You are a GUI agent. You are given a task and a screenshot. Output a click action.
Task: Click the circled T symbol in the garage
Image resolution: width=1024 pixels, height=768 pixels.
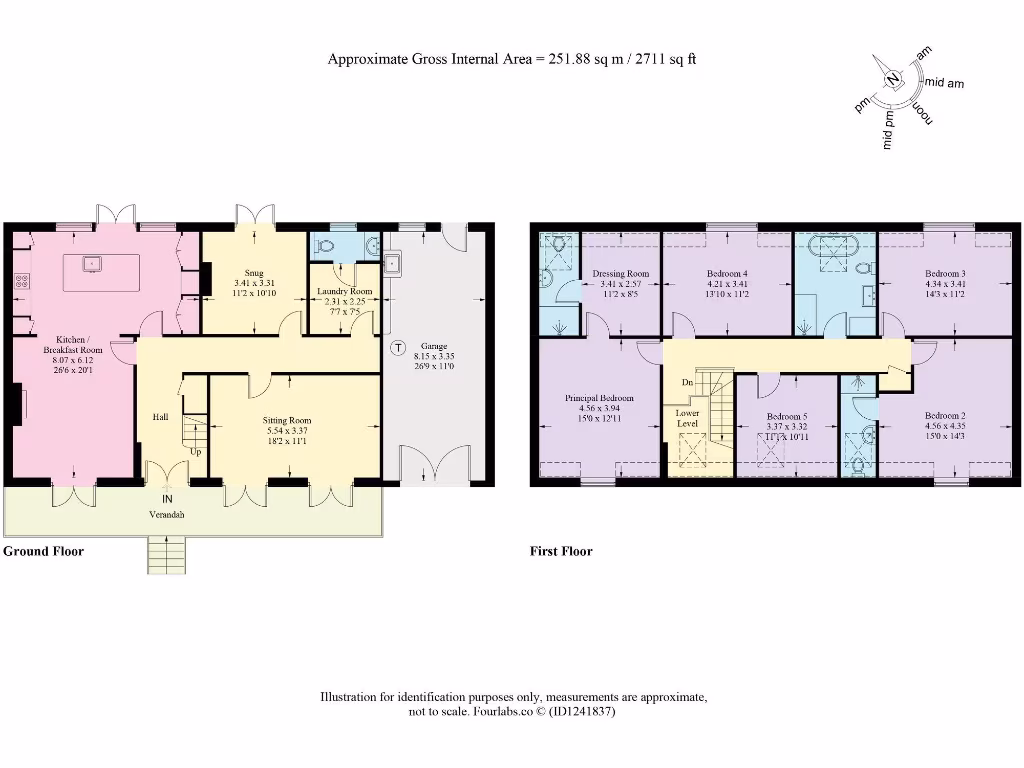click(398, 348)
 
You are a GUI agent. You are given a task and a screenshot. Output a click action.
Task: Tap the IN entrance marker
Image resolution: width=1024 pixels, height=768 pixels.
click(167, 497)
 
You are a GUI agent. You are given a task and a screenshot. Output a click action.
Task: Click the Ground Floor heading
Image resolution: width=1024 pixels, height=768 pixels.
click(43, 551)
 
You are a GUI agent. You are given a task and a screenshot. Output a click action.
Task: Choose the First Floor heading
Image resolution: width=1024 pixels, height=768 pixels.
click(561, 551)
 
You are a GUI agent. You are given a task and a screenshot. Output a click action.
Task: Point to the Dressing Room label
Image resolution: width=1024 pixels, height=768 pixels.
click(620, 274)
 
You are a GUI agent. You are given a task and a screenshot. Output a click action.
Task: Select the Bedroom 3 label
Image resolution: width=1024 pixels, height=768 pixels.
click(944, 274)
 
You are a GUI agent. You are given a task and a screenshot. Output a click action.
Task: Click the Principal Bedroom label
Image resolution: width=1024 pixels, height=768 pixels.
click(599, 397)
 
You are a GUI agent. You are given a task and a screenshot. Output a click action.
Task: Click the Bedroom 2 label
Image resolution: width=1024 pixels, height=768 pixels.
click(944, 416)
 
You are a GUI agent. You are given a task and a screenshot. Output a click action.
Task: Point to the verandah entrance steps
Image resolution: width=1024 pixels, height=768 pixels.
click(167, 554)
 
